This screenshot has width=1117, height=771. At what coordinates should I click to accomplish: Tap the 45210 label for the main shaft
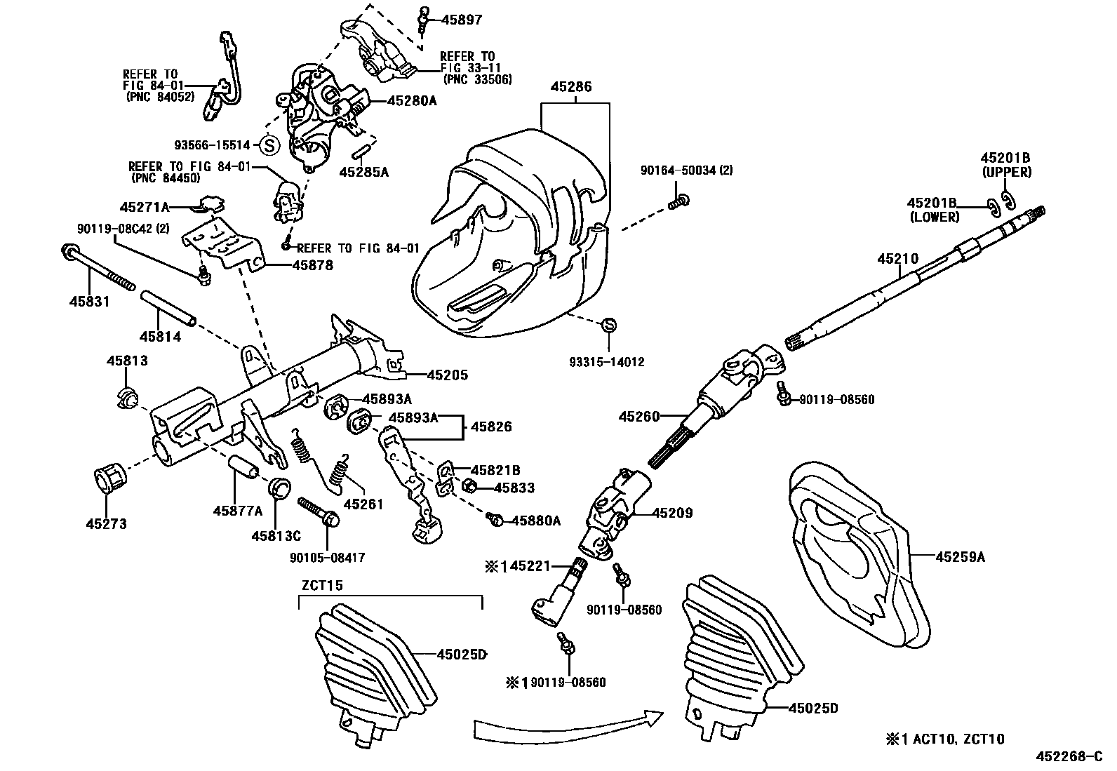[x=897, y=259]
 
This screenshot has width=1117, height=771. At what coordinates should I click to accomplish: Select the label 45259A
[x=960, y=557]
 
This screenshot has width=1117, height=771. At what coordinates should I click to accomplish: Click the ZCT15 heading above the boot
[x=322, y=585]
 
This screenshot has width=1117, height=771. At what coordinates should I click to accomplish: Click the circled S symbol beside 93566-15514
[x=269, y=145]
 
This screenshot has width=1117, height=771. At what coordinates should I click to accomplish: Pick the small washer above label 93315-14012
[x=608, y=325]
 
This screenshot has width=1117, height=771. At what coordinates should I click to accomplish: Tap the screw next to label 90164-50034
[x=678, y=202]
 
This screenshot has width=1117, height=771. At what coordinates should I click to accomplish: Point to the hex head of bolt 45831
[x=70, y=251]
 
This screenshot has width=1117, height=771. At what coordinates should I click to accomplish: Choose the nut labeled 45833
[x=471, y=485]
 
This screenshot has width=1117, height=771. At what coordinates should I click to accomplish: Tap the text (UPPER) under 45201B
[x=1006, y=172]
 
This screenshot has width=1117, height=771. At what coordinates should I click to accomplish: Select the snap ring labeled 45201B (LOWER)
[x=992, y=206]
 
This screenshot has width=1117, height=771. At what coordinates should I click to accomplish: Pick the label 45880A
[x=536, y=521]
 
